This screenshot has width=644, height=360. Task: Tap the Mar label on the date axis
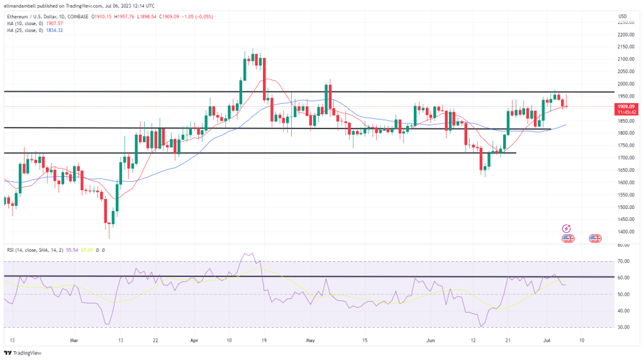pyautogui.click(x=75, y=340)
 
